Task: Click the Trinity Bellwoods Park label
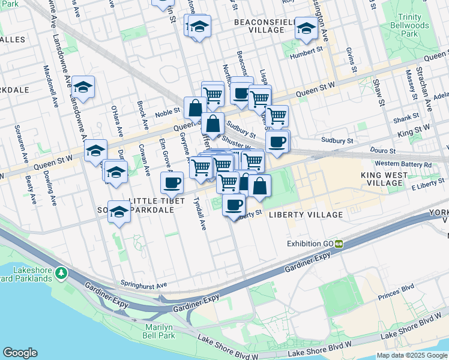(x=418, y=25)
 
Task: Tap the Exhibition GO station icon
(x=339, y=244)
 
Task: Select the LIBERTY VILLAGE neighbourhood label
(x=306, y=214)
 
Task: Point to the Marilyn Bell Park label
(x=159, y=331)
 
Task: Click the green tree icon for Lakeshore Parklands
(x=61, y=274)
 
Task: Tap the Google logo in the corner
(x=20, y=353)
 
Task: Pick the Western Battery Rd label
(x=403, y=164)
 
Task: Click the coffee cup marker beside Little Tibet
(x=172, y=182)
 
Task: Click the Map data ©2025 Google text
(x=412, y=355)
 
